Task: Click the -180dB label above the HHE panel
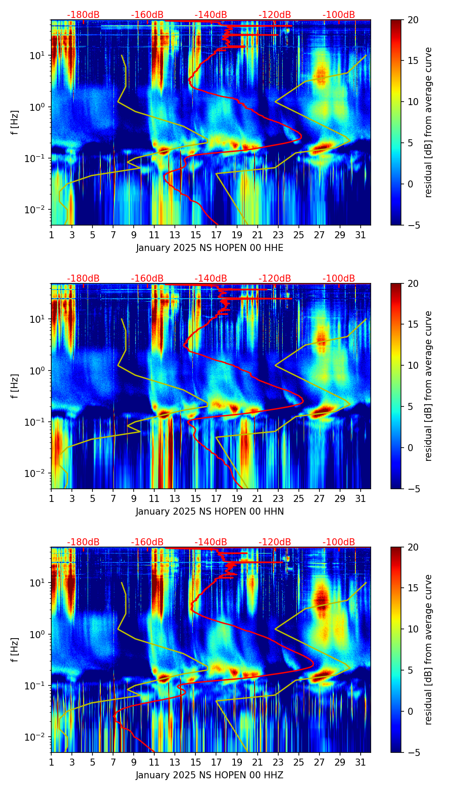pos(83,15)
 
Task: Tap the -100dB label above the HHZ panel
pos(339,542)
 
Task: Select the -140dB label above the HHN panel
pos(211,279)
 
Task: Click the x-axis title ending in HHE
pos(209,248)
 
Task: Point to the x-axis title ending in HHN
pos(209,512)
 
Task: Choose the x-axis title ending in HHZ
pos(209,775)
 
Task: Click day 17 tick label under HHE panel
pos(216,234)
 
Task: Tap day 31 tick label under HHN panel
pos(361,498)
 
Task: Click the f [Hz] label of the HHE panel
pos(16,123)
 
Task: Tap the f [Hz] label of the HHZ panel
pos(16,650)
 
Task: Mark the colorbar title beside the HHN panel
pos(429,386)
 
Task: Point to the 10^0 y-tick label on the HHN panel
pos(39,371)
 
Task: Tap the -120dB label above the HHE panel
pos(275,15)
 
